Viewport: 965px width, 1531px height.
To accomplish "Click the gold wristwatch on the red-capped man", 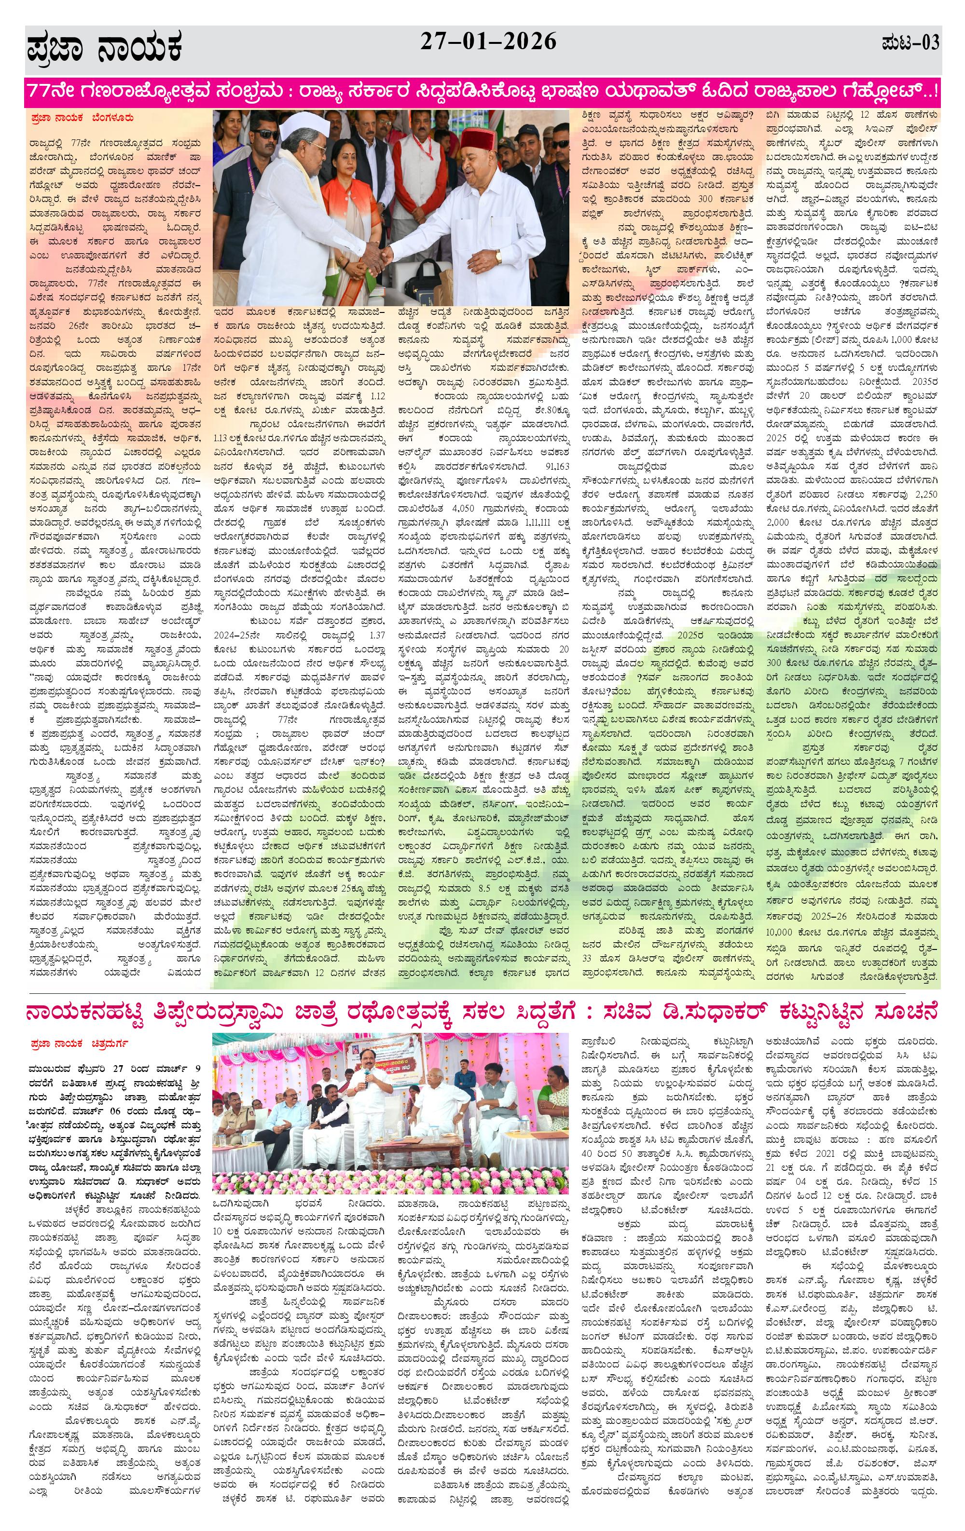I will click(499, 256).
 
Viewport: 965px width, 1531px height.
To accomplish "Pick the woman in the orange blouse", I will click(343, 191).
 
